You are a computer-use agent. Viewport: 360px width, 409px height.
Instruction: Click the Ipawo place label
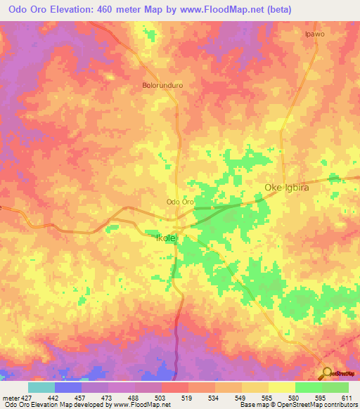(x=314, y=34)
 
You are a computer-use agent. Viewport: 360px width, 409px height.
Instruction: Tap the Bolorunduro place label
(x=159, y=86)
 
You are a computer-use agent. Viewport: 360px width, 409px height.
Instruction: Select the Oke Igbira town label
(x=287, y=188)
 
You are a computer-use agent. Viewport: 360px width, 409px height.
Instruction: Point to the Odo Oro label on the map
(x=179, y=202)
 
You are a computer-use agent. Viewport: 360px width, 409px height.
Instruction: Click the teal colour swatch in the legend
(x=41, y=387)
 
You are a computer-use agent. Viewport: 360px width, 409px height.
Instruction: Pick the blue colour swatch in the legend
(x=68, y=387)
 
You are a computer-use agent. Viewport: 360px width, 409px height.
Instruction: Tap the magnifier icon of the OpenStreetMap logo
(x=326, y=373)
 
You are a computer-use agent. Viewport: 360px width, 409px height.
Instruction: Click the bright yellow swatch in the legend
(x=282, y=387)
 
